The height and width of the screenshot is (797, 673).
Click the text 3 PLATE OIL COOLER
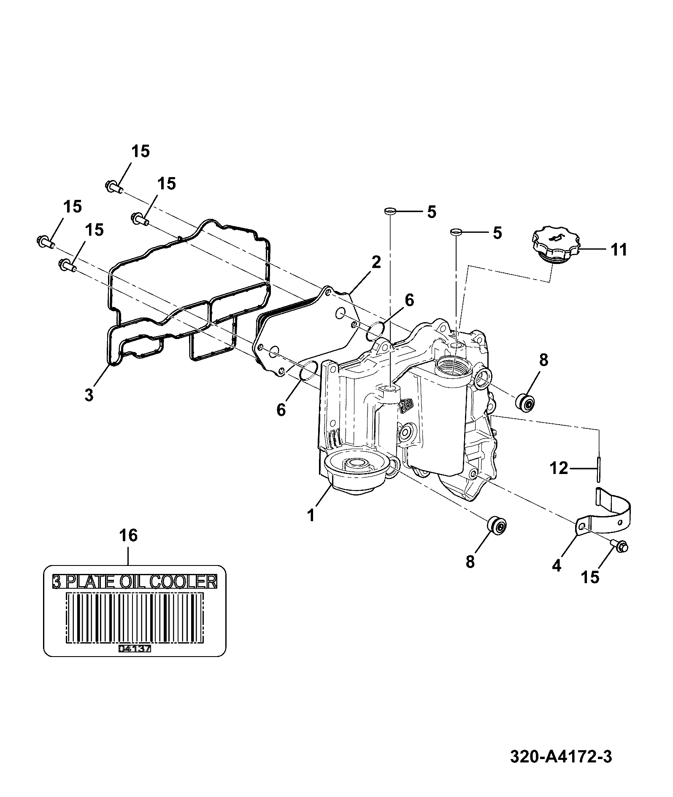[135, 582]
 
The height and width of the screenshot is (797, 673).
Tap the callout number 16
[128, 536]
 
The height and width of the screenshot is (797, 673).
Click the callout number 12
[559, 468]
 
